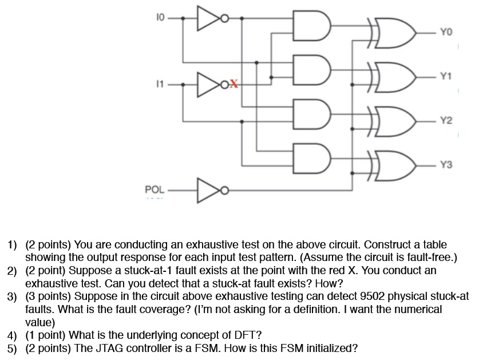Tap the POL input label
tap(154, 188)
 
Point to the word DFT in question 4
tap(242, 335)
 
